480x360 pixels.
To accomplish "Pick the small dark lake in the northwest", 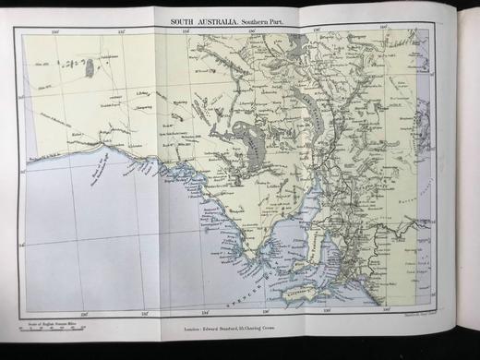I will click(89, 66).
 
